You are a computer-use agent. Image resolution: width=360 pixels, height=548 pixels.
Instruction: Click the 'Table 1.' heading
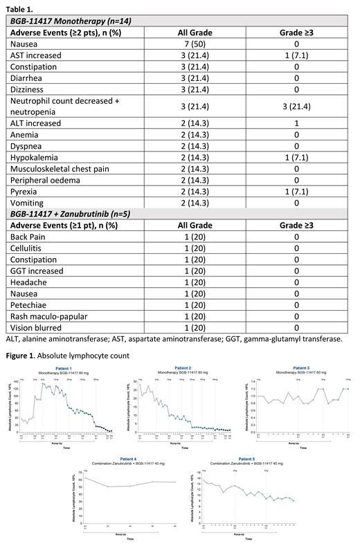pos(21,8)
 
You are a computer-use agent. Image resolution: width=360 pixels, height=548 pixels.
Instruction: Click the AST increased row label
pos(35,55)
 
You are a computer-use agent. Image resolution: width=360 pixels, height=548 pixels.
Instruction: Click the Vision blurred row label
pos(38,328)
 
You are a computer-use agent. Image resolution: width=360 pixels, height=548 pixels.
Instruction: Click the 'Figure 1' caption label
pos(24,356)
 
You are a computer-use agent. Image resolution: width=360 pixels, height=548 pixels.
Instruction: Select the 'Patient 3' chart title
pos(301,368)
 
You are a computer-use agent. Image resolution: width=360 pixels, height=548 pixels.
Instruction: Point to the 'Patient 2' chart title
pos(183,368)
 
